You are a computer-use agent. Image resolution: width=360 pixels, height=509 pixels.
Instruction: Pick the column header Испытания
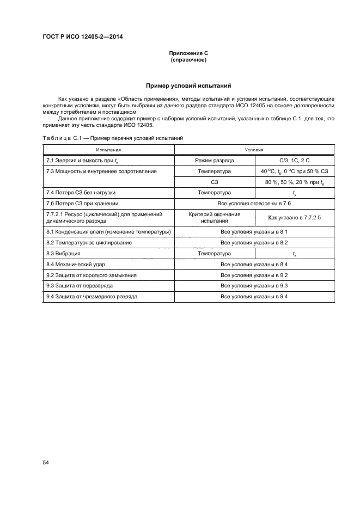(x=108, y=150)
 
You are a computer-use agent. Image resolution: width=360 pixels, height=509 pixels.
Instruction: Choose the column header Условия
(x=254, y=150)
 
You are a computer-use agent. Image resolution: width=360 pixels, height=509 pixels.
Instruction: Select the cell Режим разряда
(x=215, y=161)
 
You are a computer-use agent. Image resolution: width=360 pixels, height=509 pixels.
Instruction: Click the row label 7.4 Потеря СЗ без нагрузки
(x=81, y=193)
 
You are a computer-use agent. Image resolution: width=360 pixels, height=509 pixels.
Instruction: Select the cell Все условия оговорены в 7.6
(x=254, y=203)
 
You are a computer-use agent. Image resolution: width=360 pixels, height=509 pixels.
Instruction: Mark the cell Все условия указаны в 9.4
(x=254, y=297)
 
